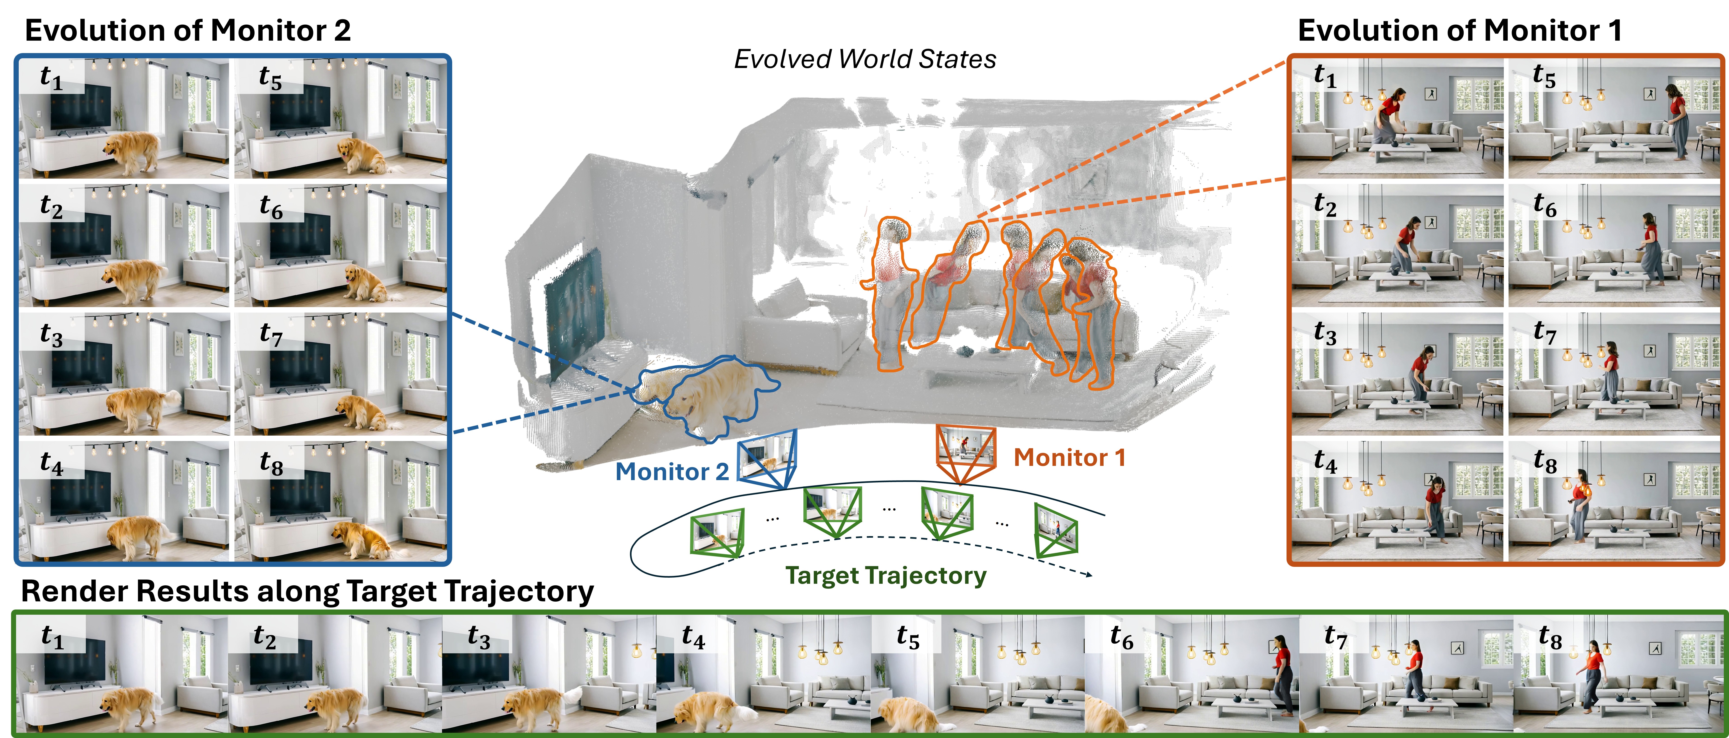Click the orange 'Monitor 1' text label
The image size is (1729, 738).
pyautogui.click(x=1069, y=458)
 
